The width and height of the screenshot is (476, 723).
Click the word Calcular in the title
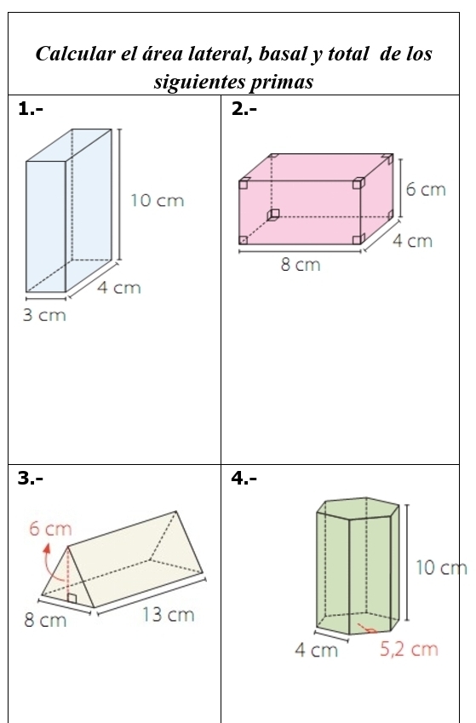(73, 55)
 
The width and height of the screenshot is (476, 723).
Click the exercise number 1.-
(31, 108)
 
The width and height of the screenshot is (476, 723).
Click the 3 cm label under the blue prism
(43, 316)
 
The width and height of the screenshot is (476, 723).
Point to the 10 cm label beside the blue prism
(157, 201)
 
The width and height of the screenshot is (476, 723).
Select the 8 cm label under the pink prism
(301, 265)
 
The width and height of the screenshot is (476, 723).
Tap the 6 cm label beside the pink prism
(425, 189)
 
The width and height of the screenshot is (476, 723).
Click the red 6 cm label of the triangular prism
(51, 529)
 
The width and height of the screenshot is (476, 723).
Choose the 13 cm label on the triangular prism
(168, 615)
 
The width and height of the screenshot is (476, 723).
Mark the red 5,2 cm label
(409, 650)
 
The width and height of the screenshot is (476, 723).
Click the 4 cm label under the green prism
(316, 651)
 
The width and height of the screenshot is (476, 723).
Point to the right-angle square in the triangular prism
(72, 599)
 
